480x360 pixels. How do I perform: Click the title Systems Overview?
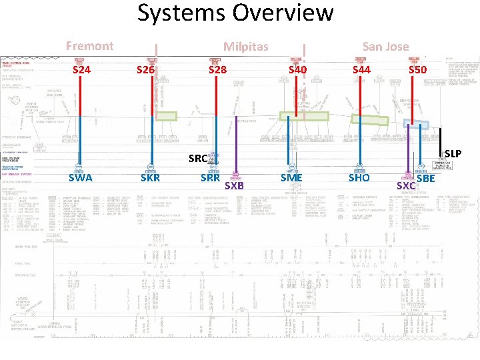click(x=235, y=13)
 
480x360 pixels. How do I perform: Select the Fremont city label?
click(x=89, y=46)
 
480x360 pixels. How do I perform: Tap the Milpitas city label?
click(x=245, y=47)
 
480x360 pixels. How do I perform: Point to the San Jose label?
click(x=385, y=46)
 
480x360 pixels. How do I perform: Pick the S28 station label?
click(x=217, y=69)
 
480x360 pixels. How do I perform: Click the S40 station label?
click(x=297, y=69)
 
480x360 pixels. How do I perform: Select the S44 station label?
click(x=361, y=69)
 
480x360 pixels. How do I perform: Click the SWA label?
click(x=81, y=178)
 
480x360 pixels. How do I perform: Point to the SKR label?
click(x=150, y=178)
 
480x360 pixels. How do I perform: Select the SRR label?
click(x=211, y=178)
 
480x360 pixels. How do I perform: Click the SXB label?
click(x=234, y=186)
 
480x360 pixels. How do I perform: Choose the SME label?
click(x=291, y=178)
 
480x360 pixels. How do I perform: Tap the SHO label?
click(x=359, y=178)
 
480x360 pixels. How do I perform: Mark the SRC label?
click(x=198, y=159)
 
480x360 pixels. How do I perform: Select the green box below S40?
click(x=304, y=116)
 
